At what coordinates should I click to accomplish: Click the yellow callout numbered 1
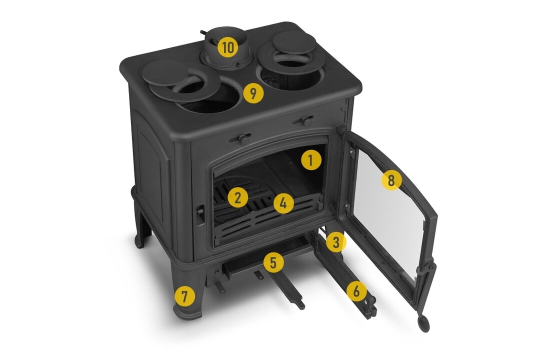[311, 160]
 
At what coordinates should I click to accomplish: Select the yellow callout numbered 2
[238, 198]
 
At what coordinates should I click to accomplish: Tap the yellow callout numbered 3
[336, 242]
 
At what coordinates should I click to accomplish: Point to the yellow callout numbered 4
[283, 203]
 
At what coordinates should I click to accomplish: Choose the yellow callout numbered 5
[274, 263]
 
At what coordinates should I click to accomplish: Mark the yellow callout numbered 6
[356, 291]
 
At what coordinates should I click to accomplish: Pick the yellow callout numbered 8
[391, 180]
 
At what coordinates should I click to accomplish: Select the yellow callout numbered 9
[253, 93]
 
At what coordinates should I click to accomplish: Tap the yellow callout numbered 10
[227, 47]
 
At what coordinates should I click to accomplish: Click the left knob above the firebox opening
[241, 138]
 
